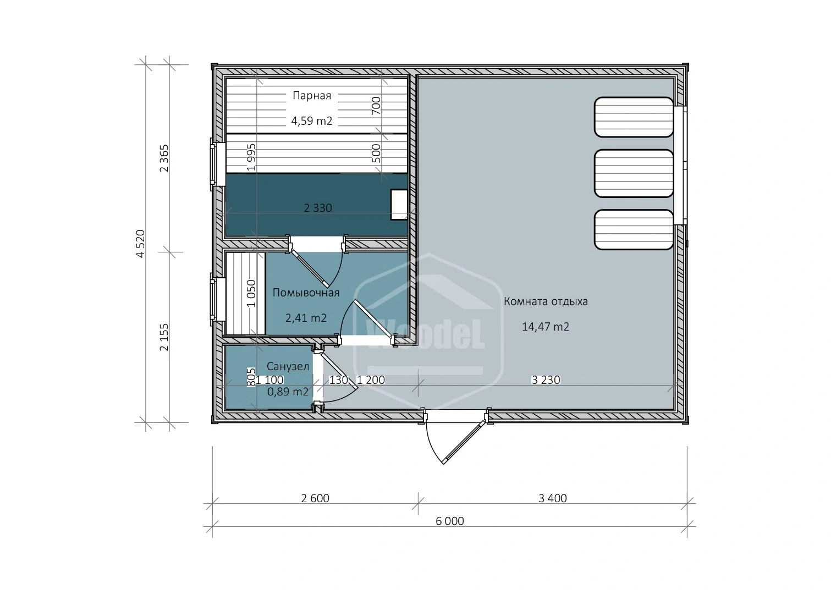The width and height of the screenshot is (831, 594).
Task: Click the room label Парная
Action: click(x=312, y=96)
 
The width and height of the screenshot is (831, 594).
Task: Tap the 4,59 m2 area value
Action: click(x=312, y=121)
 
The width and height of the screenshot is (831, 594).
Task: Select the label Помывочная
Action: click(x=306, y=293)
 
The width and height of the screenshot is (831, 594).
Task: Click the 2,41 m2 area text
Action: click(x=306, y=318)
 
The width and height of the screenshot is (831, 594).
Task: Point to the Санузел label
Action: click(x=288, y=366)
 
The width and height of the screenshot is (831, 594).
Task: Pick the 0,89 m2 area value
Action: click(x=288, y=392)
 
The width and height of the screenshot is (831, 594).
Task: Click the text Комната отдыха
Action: click(x=546, y=301)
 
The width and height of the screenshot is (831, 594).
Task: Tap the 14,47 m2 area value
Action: click(x=546, y=327)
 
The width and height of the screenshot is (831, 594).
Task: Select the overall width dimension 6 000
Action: click(x=450, y=521)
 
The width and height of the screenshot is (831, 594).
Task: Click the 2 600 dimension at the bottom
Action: click(x=315, y=498)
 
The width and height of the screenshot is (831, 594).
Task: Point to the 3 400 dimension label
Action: click(x=553, y=498)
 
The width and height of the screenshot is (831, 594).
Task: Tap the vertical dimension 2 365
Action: click(x=164, y=158)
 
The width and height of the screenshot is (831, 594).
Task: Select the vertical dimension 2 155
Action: click(x=164, y=337)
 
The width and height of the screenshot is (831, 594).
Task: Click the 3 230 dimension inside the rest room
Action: click(x=546, y=380)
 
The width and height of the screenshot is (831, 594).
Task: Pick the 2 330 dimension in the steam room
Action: click(x=318, y=208)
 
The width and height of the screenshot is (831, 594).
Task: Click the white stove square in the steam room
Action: click(x=399, y=205)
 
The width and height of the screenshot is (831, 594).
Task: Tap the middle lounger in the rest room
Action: click(x=634, y=174)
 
